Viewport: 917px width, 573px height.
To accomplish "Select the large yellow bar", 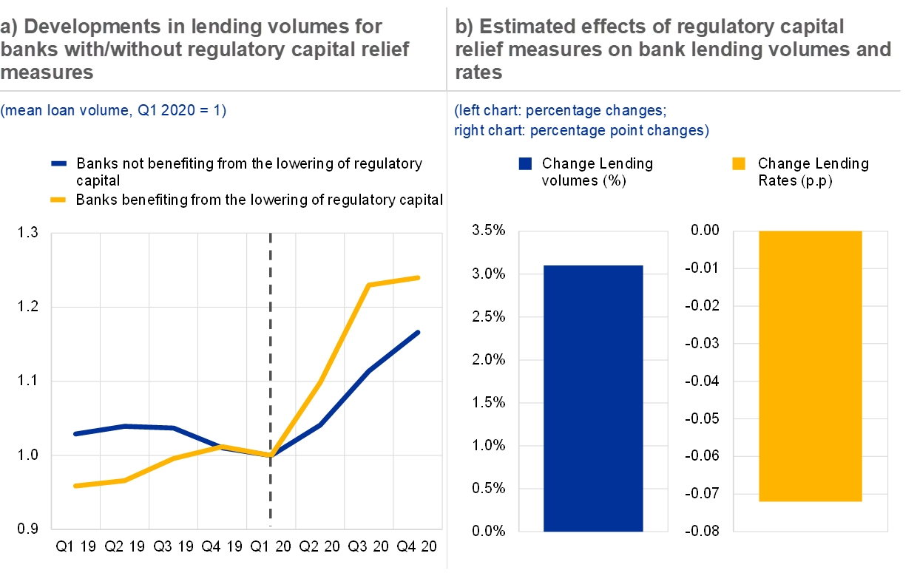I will tap(811, 366).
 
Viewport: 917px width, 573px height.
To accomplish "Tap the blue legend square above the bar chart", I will tap(525, 164).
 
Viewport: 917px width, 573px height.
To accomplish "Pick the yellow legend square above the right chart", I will tap(738, 164).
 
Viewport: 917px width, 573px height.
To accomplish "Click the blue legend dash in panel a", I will tap(58, 163).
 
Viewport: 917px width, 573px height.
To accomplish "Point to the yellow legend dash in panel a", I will tap(58, 199).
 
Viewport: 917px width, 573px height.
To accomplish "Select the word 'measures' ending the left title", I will tap(47, 72).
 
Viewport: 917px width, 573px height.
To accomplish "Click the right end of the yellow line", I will tap(419, 278).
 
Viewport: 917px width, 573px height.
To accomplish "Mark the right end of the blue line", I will tap(419, 332).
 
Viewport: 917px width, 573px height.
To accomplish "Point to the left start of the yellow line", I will tap(75, 486).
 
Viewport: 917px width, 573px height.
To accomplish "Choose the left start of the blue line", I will tap(75, 434).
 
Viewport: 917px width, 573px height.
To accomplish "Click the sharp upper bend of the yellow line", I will tap(369, 285).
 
